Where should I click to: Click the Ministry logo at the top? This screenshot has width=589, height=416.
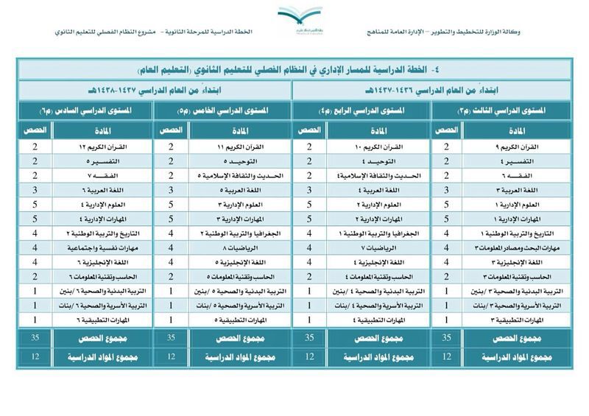tap(299, 15)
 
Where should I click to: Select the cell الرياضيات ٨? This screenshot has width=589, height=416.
tap(236, 248)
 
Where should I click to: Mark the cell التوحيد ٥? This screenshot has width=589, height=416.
tap(236, 161)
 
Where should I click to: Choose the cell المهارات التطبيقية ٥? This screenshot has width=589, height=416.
tap(236, 320)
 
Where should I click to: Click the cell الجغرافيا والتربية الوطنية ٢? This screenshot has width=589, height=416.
tap(236, 233)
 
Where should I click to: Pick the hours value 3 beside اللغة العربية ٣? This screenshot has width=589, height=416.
tap(446, 190)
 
